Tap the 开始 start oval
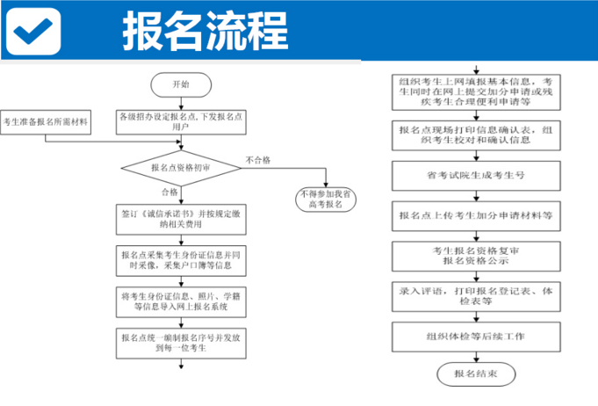coord(180,84)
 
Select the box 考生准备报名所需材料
coord(47,121)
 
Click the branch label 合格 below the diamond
coord(169,192)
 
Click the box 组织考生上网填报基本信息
coord(474,91)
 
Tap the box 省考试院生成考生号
coord(474,175)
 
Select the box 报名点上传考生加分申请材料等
coord(474,214)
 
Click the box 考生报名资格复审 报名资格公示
coord(474,255)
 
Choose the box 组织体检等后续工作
coord(474,335)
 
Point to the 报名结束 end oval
coord(474,374)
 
